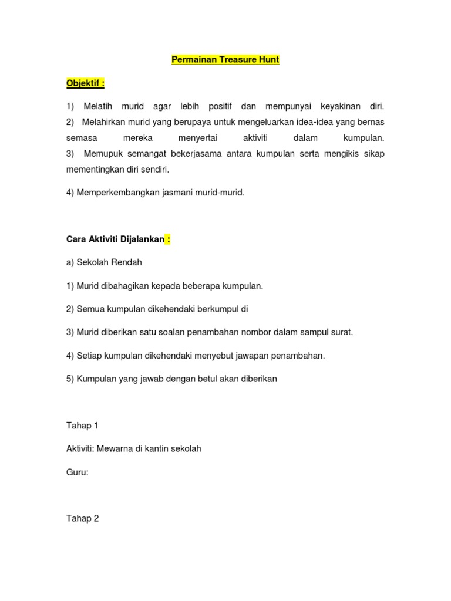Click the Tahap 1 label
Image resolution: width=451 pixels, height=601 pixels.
click(x=82, y=426)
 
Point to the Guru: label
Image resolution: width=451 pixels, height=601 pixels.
click(x=78, y=472)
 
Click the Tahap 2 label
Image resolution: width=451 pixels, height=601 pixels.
click(x=82, y=518)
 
